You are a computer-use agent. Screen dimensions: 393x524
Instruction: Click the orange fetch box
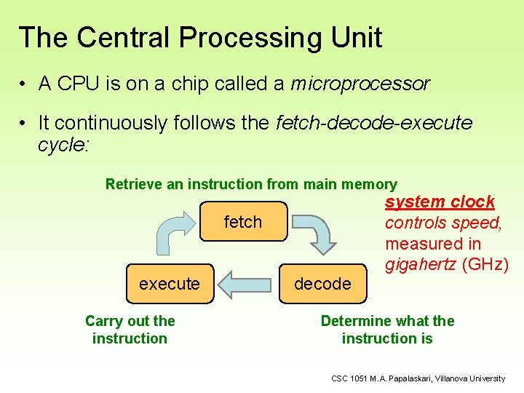tap(242, 221)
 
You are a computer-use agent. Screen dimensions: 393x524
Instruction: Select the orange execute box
tap(169, 284)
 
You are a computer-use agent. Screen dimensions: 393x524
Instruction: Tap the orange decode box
tap(322, 284)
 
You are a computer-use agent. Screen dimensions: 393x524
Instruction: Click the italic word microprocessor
tap(360, 84)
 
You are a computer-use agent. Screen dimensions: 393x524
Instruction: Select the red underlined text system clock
tap(440, 202)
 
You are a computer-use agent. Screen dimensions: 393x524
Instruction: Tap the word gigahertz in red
tap(421, 263)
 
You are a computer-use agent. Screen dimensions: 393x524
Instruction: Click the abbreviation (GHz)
tap(485, 263)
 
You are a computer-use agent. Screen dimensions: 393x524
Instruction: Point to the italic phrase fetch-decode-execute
tap(374, 123)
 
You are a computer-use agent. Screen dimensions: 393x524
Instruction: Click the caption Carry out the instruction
tap(130, 330)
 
